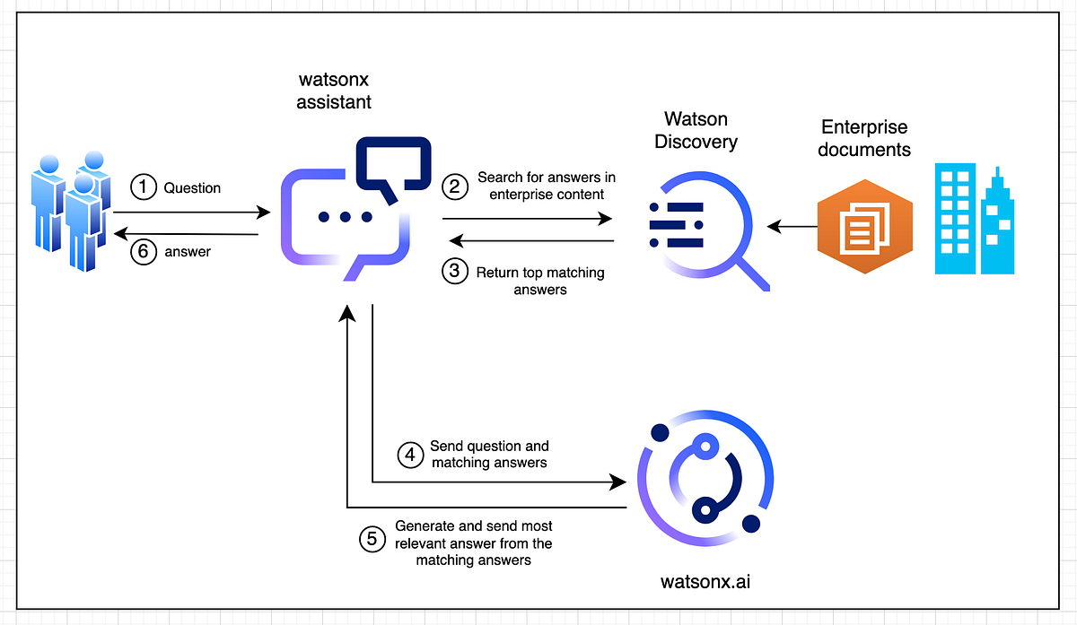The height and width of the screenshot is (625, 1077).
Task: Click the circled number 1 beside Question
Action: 143,187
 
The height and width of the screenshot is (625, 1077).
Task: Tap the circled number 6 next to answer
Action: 143,252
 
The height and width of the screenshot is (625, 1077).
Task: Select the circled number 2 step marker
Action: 455,187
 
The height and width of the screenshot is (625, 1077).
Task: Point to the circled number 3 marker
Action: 455,273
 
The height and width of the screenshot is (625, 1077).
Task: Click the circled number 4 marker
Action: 410,455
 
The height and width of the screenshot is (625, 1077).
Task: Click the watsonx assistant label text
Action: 334,91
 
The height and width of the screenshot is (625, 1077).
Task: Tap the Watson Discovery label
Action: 696,130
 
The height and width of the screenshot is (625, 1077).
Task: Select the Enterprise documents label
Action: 864,138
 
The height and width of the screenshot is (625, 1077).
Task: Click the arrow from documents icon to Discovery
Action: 791,227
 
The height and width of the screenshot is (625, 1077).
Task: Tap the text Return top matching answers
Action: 539,281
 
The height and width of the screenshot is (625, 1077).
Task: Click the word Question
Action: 192,187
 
